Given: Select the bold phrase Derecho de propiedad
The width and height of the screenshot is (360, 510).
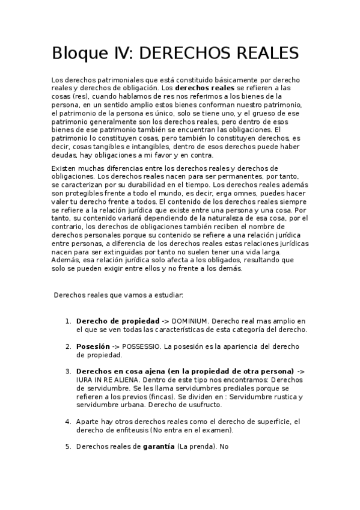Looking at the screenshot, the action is (x=118, y=322).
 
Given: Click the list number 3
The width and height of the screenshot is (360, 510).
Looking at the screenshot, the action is (x=69, y=372).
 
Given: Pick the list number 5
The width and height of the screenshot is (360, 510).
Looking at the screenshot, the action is (x=69, y=447).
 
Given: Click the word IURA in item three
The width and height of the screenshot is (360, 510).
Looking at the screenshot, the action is (x=85, y=380).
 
